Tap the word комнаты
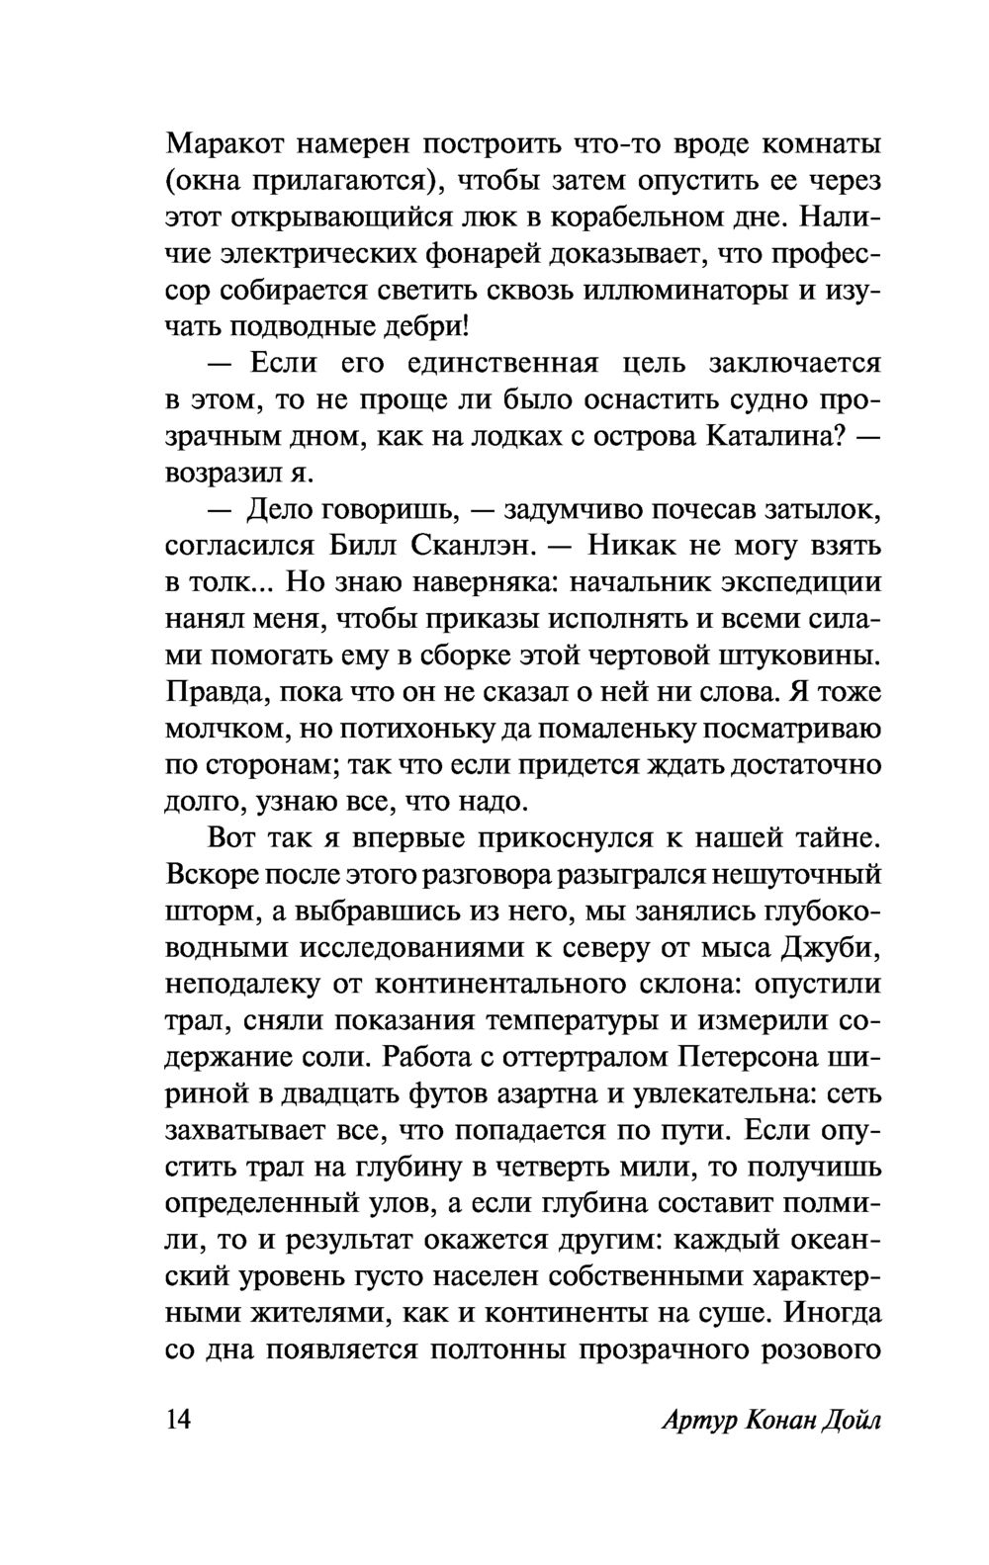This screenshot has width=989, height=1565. tap(823, 143)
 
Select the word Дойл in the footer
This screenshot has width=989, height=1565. tap(850, 1423)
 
